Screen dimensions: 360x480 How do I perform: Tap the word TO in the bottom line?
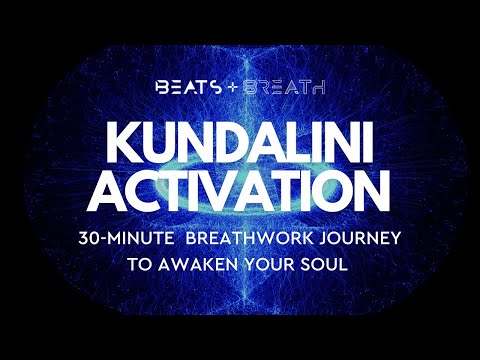pos(139,269)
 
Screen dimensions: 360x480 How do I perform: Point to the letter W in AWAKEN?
pos(186,269)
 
